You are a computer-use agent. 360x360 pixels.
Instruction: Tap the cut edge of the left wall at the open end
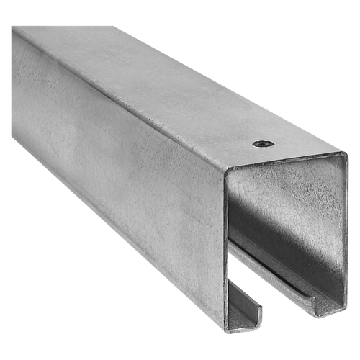[228, 252]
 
